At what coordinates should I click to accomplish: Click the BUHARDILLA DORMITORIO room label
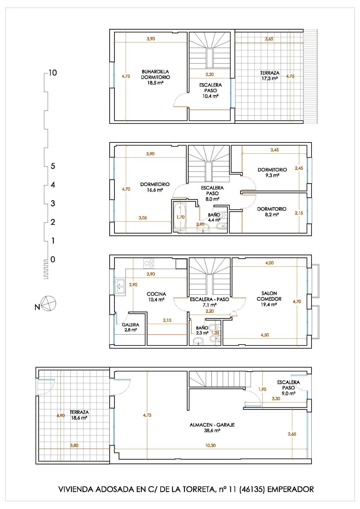[x=155, y=74]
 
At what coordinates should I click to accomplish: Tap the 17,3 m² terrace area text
[x=270, y=78]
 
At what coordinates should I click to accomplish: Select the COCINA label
[x=156, y=294]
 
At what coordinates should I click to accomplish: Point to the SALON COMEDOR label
[x=269, y=296]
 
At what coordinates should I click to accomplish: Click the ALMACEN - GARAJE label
[x=212, y=425]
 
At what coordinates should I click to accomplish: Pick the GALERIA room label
[x=131, y=325]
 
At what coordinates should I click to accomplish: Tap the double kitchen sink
[x=120, y=286]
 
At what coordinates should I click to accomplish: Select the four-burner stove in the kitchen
[x=149, y=264]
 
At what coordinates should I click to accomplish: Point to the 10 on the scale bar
[x=53, y=73]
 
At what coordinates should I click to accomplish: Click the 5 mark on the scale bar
[x=53, y=166]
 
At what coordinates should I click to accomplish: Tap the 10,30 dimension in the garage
[x=210, y=445]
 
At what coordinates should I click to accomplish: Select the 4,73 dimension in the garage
[x=147, y=415]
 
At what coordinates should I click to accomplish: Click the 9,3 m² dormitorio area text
[x=272, y=175]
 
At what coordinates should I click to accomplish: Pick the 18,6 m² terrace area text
[x=79, y=418]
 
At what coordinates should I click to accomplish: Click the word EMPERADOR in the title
[x=290, y=489]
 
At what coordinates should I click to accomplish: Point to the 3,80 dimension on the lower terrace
[x=74, y=445]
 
